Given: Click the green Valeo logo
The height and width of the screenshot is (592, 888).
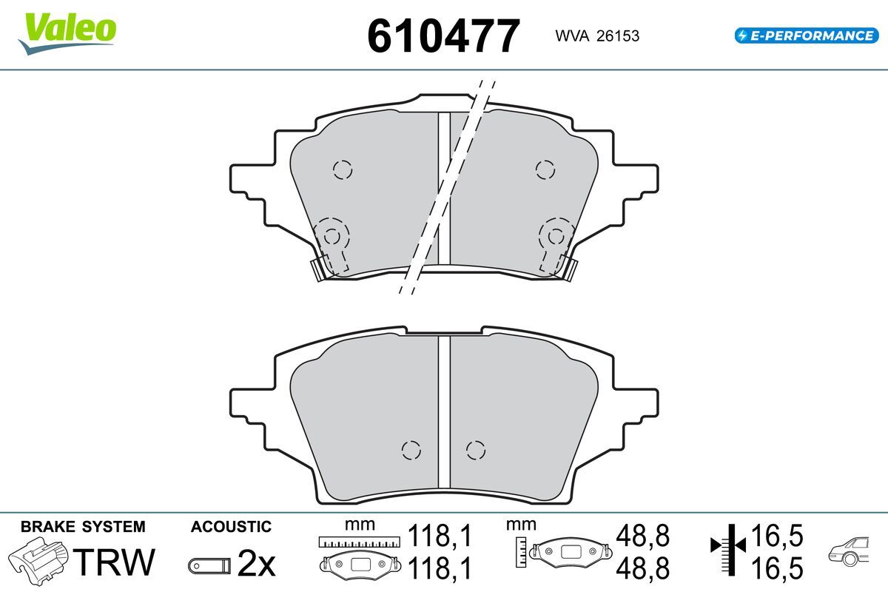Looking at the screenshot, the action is point(67,34).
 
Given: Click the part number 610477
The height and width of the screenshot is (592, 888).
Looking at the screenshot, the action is point(443,36).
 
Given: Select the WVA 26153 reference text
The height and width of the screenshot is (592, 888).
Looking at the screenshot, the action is point(597,36).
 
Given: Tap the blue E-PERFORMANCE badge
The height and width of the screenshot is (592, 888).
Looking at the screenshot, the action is point(807,36).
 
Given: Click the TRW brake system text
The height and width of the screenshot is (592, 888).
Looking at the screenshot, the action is point(114,562).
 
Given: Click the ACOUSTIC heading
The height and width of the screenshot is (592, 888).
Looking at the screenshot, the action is point(231,527).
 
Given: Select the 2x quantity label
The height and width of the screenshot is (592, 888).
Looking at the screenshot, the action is point(256,564).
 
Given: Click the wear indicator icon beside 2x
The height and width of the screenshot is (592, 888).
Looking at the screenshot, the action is point(209,566).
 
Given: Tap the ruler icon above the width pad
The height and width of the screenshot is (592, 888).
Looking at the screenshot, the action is point(359,542).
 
